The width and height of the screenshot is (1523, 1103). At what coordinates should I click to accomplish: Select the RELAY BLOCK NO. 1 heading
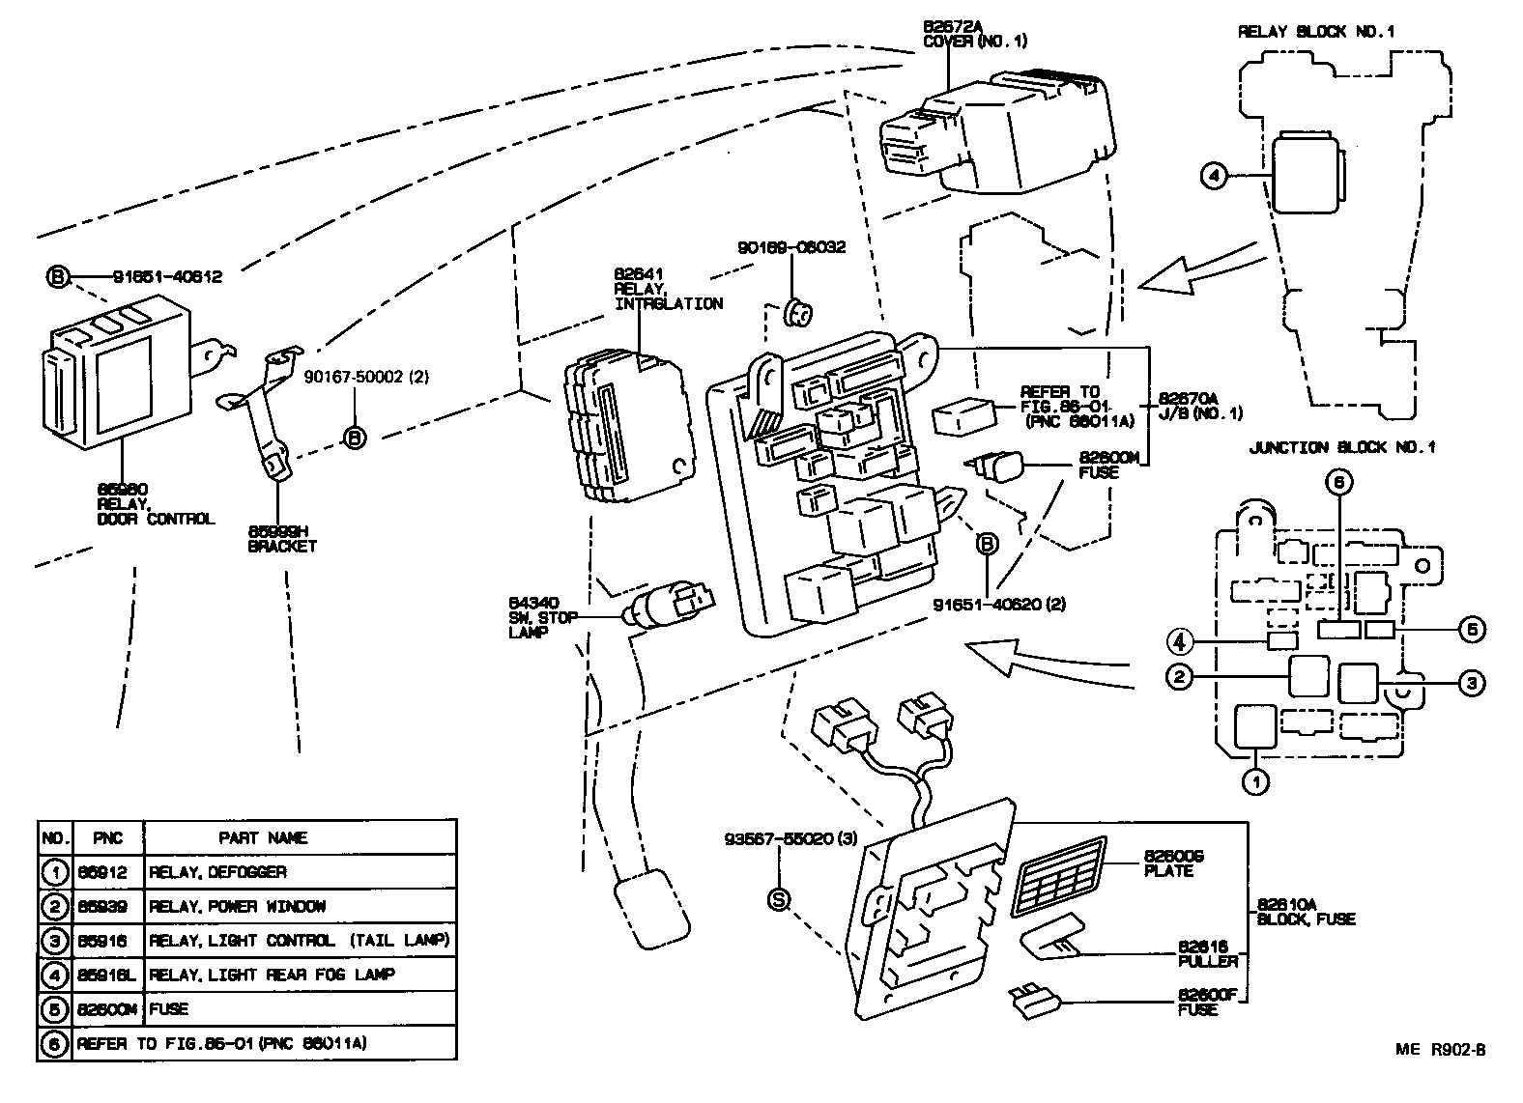tap(1316, 32)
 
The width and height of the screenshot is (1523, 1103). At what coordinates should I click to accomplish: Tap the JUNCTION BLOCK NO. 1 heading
tap(1342, 447)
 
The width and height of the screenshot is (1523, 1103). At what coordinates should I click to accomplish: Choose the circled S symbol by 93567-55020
tap(778, 898)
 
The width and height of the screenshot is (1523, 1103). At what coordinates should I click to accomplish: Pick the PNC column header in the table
tap(108, 837)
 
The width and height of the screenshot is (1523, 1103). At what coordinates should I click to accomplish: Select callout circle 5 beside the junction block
tap(1471, 630)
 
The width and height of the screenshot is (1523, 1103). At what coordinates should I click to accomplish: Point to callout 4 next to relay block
tap(1214, 175)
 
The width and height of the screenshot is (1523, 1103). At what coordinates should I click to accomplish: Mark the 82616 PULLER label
tap(1207, 954)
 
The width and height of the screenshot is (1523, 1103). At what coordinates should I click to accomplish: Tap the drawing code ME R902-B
tap(1439, 1051)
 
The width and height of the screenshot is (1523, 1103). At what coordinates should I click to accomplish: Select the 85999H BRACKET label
tap(281, 538)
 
